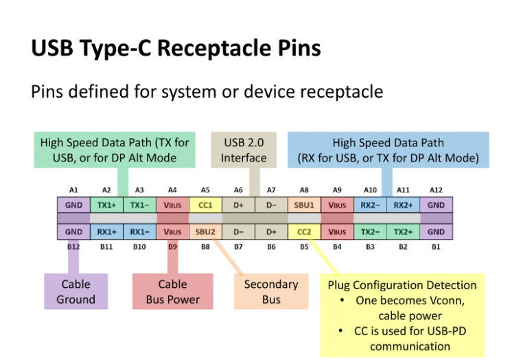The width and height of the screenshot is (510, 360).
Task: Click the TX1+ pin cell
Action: (x=106, y=205)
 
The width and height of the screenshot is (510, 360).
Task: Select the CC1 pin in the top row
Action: (x=205, y=205)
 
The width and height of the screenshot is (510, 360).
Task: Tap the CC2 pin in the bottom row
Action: (x=304, y=232)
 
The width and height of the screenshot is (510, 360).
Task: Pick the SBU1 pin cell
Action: (x=304, y=205)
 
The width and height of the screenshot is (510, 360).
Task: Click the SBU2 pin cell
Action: (x=205, y=232)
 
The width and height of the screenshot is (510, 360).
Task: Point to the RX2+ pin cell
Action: (x=403, y=205)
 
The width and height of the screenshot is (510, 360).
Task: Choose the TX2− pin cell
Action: (x=370, y=232)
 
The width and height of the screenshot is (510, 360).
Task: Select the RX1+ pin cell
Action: (x=106, y=232)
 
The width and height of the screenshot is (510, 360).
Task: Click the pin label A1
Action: (x=73, y=189)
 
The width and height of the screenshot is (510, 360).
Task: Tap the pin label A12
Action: (x=436, y=189)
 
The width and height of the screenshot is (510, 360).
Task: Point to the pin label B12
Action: (x=73, y=245)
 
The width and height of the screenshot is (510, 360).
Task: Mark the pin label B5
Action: (x=304, y=245)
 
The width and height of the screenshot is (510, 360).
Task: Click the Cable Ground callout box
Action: (x=76, y=291)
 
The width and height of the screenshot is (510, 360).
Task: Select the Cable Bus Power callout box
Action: (x=172, y=291)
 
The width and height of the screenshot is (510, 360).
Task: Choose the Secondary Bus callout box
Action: (x=270, y=291)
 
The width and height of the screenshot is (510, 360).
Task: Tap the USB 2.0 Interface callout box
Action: (x=244, y=150)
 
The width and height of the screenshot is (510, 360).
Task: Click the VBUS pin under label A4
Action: (x=172, y=205)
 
